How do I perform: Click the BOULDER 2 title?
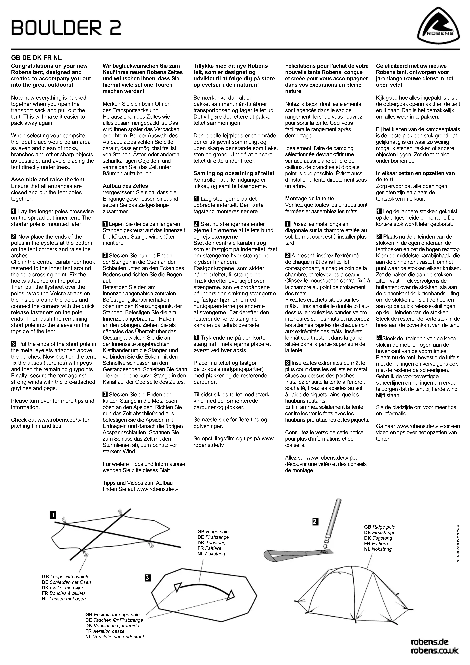[x=66, y=28]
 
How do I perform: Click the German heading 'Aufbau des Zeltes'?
[x=125, y=186]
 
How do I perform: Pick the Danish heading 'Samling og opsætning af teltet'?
[x=234, y=173]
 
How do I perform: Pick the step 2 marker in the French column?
[x=288, y=255]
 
